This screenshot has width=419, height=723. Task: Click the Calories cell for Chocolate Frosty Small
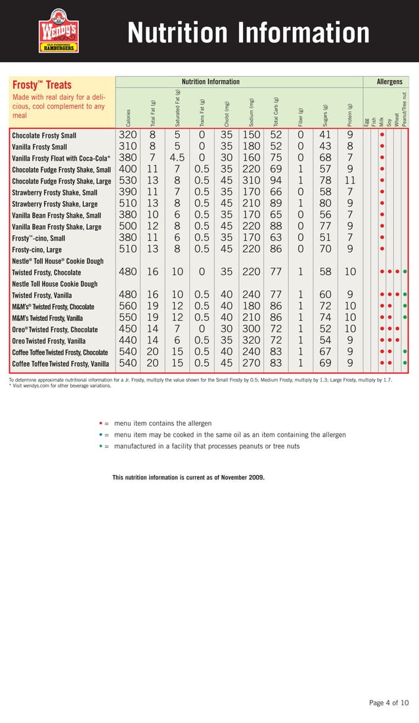tap(127, 135)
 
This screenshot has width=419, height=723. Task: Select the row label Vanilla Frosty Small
tap(39, 147)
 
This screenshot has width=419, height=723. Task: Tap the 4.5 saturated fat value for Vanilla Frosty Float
tap(177, 158)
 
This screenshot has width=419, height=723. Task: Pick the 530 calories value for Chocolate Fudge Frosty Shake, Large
tap(127, 181)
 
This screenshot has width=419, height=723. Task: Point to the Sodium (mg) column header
tap(252, 112)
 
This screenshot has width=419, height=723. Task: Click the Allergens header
tap(389, 82)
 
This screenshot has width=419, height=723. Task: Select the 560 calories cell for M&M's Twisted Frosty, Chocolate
tap(127, 306)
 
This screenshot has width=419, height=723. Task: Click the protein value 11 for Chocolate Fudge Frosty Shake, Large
tap(349, 181)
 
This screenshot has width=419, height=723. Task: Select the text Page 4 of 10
tap(388, 703)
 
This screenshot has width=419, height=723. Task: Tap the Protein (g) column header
tap(351, 115)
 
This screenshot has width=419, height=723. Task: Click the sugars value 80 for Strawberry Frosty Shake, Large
tap(324, 204)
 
